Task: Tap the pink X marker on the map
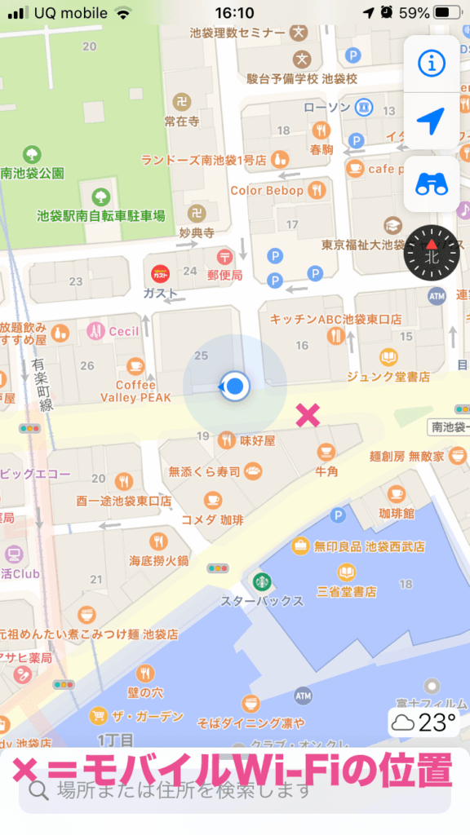pos(308,415)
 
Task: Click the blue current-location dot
pos(236,386)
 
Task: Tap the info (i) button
pos(432,63)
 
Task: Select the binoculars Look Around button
pos(432,184)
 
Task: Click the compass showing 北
pos(432,253)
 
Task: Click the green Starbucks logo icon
pos(261,581)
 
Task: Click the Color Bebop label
pos(267,190)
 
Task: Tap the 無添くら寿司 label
pos(205,471)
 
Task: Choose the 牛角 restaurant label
pos(326,471)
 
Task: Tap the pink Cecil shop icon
pos(96,332)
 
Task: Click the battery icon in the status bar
pos(447,13)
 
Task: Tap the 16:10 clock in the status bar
pos(235,13)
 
